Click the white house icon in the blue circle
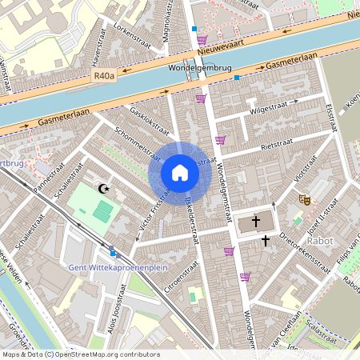pos(180,173)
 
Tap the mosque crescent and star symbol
pos(102,189)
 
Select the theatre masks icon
pos(304,198)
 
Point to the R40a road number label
pos(104,77)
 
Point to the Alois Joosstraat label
pos(117,307)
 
